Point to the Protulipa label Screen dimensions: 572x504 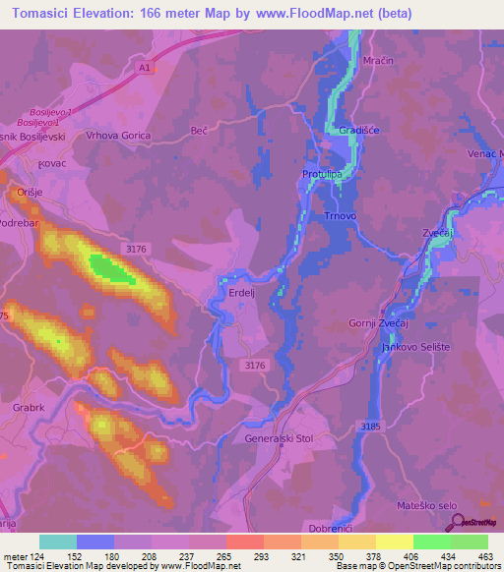(321, 175)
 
